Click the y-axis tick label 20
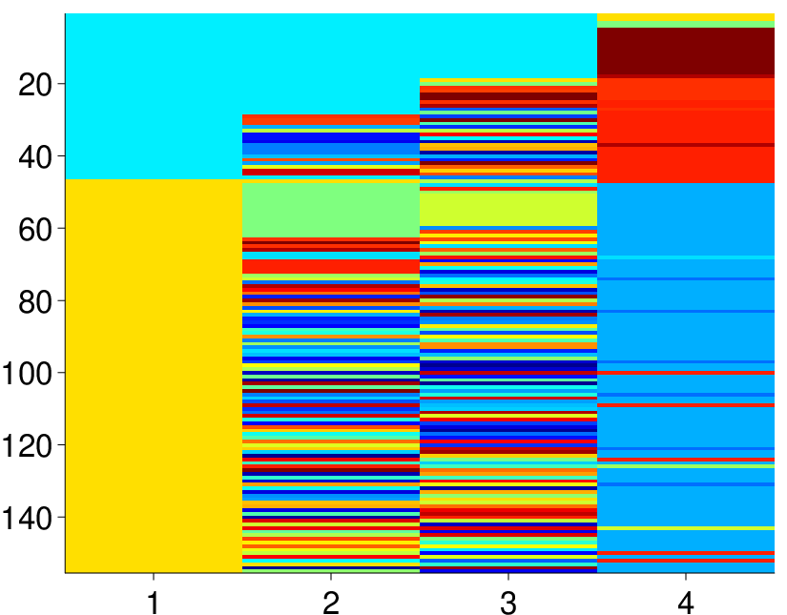[35, 86]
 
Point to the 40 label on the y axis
[35, 158]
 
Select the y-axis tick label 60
[35, 230]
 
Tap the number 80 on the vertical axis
[35, 302]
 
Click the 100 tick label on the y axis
[27, 374]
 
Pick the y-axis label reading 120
[27, 446]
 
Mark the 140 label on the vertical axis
[27, 519]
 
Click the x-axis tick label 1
[154, 603]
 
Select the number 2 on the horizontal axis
[331, 603]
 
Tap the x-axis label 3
[508, 603]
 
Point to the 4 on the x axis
[686, 603]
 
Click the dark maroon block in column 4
[686, 51]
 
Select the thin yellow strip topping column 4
[686, 17]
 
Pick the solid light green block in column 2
[331, 210]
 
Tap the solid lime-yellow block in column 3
[508, 209]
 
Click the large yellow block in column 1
[154, 376]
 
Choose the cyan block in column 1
[154, 96]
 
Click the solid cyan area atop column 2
[331, 64]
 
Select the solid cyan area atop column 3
[508, 46]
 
